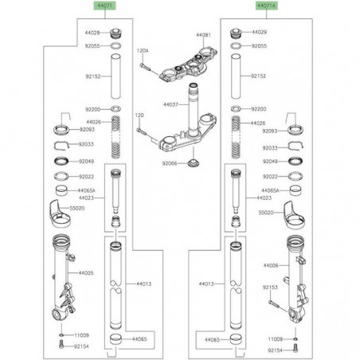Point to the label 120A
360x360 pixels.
(x=144, y=49)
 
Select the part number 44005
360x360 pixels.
(x=85, y=272)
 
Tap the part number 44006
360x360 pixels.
(x=271, y=264)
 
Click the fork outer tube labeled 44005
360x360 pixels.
(x=61, y=279)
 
